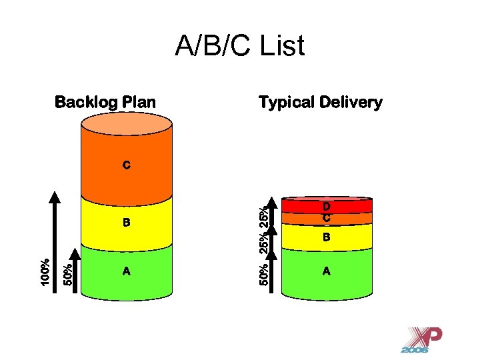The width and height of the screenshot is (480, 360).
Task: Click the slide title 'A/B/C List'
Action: [x=239, y=47]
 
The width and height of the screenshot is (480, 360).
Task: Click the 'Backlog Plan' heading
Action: [x=105, y=103]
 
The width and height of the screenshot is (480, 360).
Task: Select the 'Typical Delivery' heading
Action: [x=320, y=103]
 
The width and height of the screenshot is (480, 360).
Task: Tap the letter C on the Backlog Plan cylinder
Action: [x=126, y=164]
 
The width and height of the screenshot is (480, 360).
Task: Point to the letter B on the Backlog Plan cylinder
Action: [x=126, y=222]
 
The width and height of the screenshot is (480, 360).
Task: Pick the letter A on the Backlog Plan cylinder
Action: [x=126, y=271]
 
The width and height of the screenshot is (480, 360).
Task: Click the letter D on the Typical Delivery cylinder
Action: [x=327, y=207]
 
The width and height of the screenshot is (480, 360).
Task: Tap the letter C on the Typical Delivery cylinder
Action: [x=327, y=217]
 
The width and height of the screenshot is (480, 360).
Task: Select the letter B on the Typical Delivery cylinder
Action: [x=327, y=237]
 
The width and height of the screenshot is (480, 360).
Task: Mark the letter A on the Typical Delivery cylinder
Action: [x=327, y=271]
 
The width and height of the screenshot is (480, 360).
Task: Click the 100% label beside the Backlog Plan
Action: [x=44, y=273]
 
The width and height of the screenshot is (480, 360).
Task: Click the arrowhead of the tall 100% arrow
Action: [x=56, y=197]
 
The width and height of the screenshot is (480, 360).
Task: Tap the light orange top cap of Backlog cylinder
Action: [x=127, y=125]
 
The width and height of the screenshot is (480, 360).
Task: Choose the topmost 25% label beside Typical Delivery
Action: [x=264, y=217]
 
